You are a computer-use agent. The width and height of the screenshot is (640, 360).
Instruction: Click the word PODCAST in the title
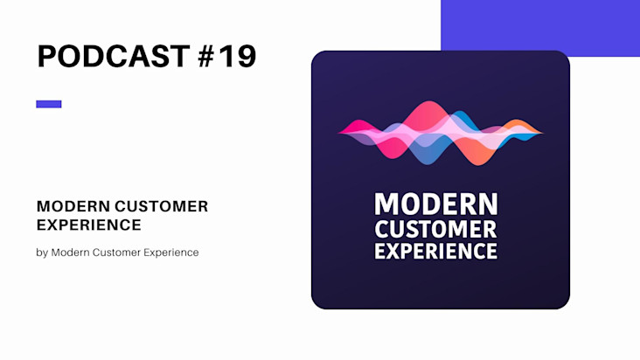(114, 56)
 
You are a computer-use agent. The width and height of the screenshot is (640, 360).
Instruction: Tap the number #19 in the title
(227, 56)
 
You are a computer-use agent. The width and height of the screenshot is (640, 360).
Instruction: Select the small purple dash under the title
(49, 104)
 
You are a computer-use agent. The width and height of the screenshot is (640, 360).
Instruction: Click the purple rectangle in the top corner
(540, 28)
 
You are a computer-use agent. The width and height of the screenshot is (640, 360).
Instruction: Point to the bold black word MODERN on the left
(73, 206)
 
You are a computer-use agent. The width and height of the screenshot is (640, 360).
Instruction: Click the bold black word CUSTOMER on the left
(162, 206)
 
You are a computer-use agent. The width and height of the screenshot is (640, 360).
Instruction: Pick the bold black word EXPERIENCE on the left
(89, 225)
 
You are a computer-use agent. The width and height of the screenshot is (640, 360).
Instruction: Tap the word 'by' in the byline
(42, 253)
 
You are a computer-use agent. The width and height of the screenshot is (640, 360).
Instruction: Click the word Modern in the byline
(70, 253)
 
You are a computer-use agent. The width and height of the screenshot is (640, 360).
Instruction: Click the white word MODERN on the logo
(436, 204)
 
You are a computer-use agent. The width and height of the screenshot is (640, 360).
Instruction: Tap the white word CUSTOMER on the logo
(436, 229)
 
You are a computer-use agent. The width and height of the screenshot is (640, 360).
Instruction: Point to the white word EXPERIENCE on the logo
(436, 251)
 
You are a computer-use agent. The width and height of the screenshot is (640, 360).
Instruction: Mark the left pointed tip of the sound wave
(339, 132)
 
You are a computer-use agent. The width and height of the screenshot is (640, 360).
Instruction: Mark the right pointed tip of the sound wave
(542, 133)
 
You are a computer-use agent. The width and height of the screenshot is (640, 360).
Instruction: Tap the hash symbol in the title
(206, 56)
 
